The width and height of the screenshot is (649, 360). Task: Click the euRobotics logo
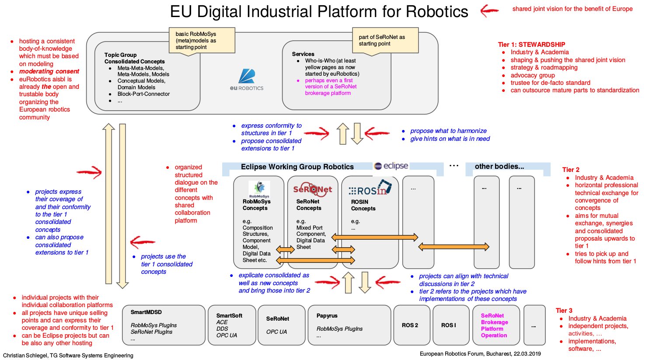(247, 80)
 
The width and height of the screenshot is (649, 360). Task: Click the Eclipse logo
(391, 166)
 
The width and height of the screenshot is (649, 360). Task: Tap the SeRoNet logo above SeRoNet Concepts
(312, 189)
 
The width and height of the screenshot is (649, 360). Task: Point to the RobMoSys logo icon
(259, 189)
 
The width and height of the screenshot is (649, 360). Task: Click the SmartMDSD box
(164, 325)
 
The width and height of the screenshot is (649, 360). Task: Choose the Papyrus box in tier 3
(349, 325)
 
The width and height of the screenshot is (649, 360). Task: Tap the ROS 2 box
(410, 325)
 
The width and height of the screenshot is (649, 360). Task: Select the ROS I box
(449, 325)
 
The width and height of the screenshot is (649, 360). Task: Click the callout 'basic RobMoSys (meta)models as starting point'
(202, 41)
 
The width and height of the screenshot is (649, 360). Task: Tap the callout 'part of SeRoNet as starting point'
(385, 41)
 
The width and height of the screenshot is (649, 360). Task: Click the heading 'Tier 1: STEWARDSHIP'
(531, 45)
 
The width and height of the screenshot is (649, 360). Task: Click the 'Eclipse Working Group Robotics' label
(297, 167)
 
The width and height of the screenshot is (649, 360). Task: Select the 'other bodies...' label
(499, 166)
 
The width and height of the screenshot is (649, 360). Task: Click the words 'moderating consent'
(49, 71)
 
